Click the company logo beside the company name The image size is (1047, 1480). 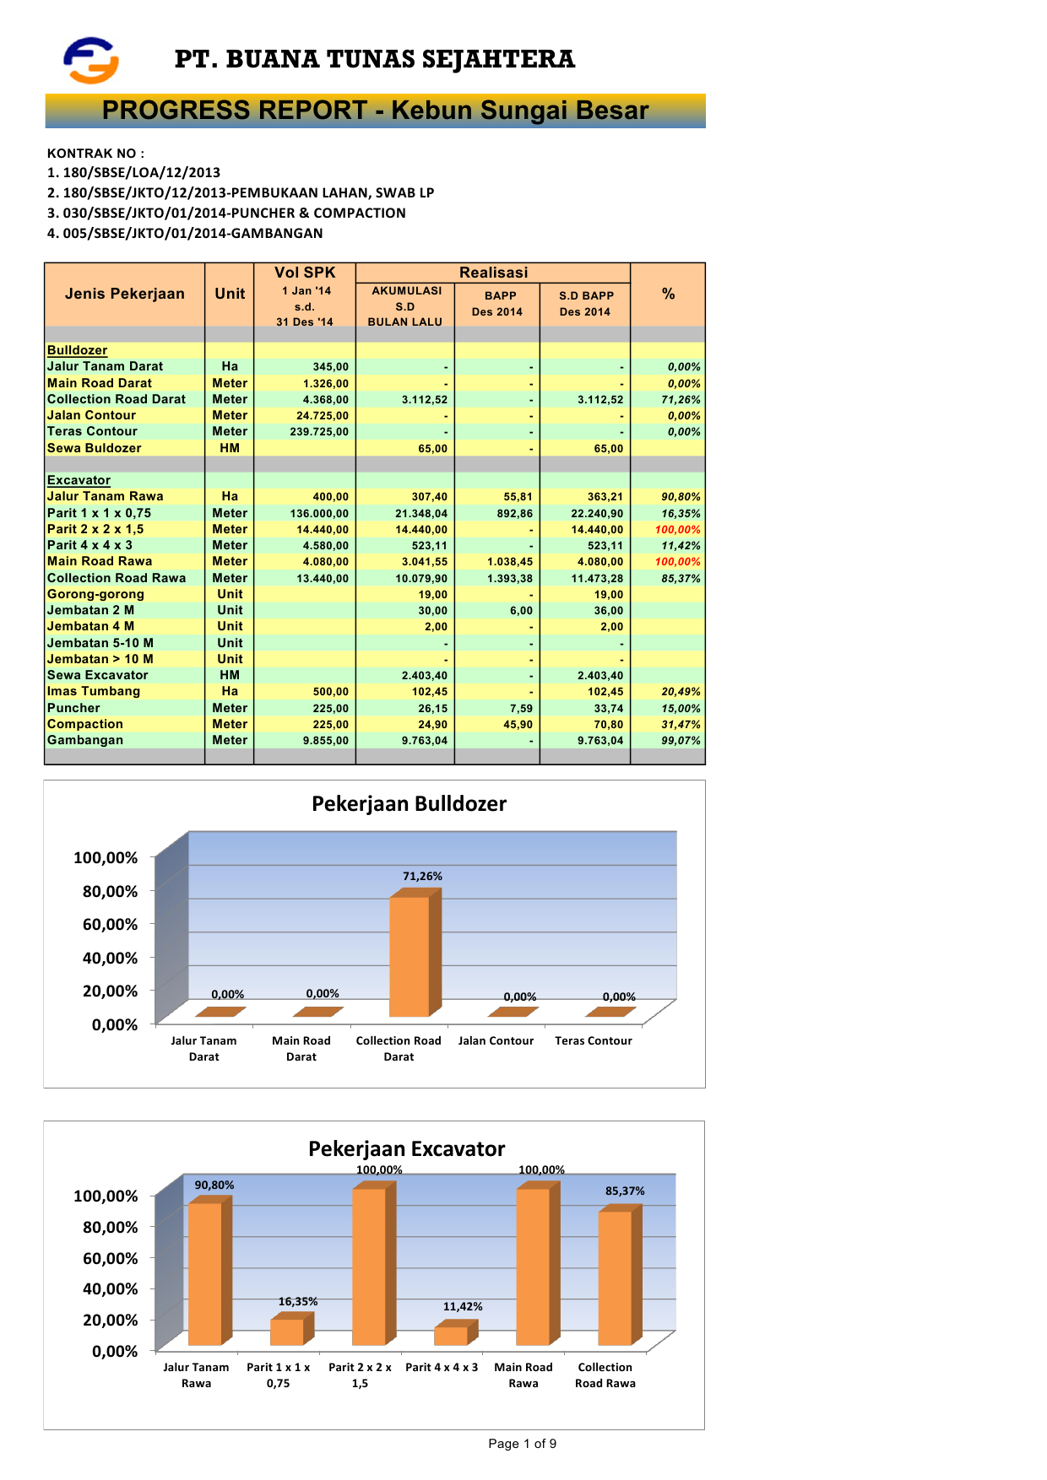coord(91,60)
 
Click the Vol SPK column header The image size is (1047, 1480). coord(305,273)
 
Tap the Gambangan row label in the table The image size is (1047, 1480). coord(85,740)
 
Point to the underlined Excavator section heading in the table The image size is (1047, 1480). coord(79,480)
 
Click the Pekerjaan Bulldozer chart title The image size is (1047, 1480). coord(409,803)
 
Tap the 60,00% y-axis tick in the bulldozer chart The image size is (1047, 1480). coord(110,925)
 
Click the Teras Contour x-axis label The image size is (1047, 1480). coord(593,1040)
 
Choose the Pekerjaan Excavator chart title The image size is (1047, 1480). coord(406,1148)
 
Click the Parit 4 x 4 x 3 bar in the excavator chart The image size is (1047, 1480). coord(452,1336)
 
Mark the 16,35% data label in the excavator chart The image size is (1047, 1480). coord(298,1302)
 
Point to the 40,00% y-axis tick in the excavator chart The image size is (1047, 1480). coord(110,1289)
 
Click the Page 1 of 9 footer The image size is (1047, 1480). coord(522,1444)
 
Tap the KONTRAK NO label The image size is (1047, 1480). coord(95,154)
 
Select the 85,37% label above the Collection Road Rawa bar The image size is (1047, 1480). coord(625,1191)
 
